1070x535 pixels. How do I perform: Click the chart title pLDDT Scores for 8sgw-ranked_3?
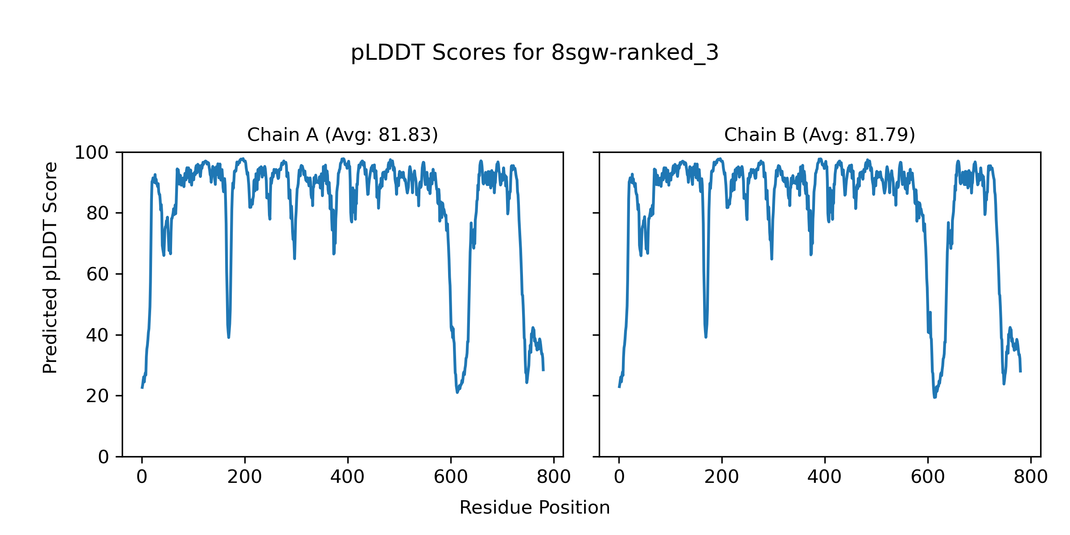pos(535,53)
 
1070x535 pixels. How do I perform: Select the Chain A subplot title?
pos(342,135)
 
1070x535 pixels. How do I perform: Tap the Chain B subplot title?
pos(819,135)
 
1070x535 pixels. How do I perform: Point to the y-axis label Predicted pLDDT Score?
pos(50,267)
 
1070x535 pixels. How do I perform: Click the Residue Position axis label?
pos(535,508)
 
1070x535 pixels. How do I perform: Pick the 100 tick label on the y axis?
pos(91,153)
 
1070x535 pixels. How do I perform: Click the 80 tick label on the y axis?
pos(98,214)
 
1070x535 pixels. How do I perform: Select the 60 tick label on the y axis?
pos(98,274)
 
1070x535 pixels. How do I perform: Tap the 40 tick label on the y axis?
pos(98,335)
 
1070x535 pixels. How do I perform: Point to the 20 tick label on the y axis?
pos(98,396)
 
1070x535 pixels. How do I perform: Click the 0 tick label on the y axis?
pos(103,457)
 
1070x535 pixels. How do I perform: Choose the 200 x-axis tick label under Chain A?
pos(245,477)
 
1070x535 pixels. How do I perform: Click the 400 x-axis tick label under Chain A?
pos(348,477)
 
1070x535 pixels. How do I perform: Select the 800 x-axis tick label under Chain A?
pos(554,477)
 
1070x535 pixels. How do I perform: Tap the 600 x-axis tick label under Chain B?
pos(928,477)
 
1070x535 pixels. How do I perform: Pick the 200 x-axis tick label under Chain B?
pos(722,477)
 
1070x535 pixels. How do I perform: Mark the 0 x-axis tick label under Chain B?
pos(619,477)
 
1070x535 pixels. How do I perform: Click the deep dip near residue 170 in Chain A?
pos(229,337)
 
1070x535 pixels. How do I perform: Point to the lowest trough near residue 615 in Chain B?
pos(934,397)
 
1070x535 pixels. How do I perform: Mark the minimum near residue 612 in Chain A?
pos(457,392)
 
